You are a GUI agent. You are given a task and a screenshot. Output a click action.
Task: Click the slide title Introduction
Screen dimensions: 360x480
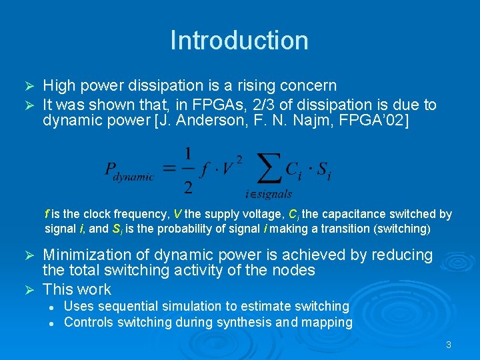pyautogui.click(x=239, y=40)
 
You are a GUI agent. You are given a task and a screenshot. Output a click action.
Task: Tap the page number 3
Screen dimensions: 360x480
pyautogui.click(x=449, y=345)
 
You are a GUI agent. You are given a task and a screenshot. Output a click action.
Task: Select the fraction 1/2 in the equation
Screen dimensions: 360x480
pyautogui.click(x=189, y=170)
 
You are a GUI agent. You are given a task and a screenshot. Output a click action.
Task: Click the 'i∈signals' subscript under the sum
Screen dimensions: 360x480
pyautogui.click(x=269, y=194)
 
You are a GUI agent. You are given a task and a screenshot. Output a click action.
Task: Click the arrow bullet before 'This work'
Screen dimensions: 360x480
pyautogui.click(x=29, y=290)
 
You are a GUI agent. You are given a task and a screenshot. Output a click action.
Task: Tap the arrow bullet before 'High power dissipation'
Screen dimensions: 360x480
pyautogui.click(x=29, y=86)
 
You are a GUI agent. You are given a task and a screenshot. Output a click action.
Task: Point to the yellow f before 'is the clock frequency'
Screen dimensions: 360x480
pyautogui.click(x=47, y=214)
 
